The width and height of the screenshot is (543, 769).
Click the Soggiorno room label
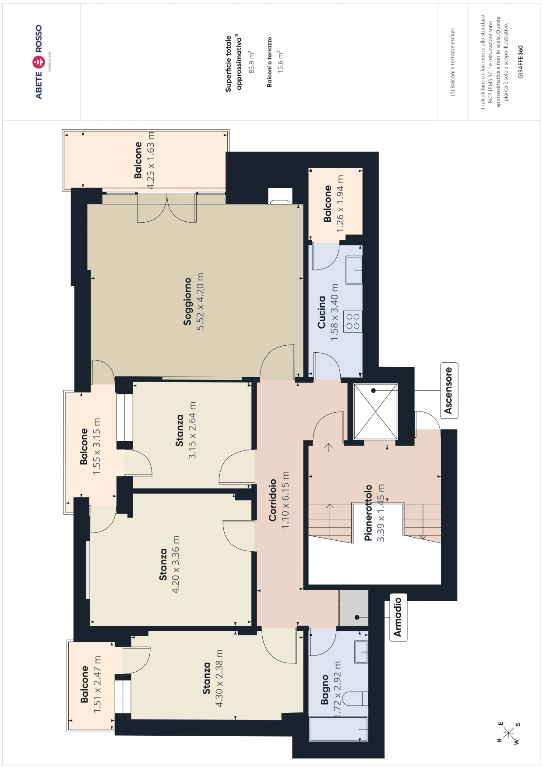[x=187, y=301]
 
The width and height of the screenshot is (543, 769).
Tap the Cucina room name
[x=321, y=312]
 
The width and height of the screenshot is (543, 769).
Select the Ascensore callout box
[x=449, y=390]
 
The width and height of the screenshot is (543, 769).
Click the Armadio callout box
[x=398, y=617]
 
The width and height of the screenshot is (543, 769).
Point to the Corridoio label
[x=273, y=500]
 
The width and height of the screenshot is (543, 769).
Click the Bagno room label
[x=324, y=689]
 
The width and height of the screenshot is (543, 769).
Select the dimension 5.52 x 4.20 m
[x=200, y=301]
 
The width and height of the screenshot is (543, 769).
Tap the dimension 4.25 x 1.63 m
[x=151, y=160]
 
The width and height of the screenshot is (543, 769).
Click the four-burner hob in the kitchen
[x=353, y=321]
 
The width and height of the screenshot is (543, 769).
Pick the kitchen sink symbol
[x=354, y=270]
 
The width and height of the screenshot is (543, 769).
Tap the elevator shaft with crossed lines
[x=375, y=411]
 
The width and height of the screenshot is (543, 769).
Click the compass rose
[x=509, y=733]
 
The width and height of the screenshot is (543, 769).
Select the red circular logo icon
[x=39, y=62]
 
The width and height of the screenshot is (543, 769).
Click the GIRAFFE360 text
[x=520, y=62]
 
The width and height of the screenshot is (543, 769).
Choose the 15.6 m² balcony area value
[x=280, y=61]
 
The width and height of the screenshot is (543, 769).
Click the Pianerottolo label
[x=368, y=513]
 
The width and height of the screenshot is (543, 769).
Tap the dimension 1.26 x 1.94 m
[x=340, y=204]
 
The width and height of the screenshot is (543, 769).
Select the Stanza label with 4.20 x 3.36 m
[x=163, y=564]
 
